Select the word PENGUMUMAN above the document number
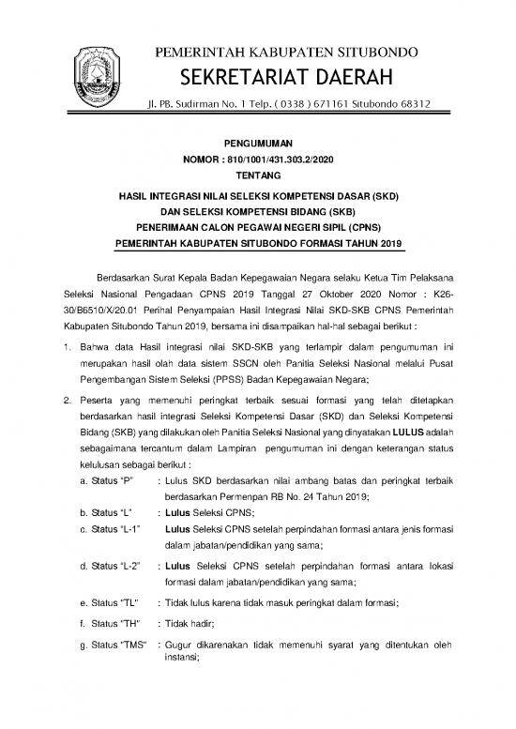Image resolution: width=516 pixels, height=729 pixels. point(258,145)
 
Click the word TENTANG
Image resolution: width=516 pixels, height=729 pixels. point(258,175)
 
